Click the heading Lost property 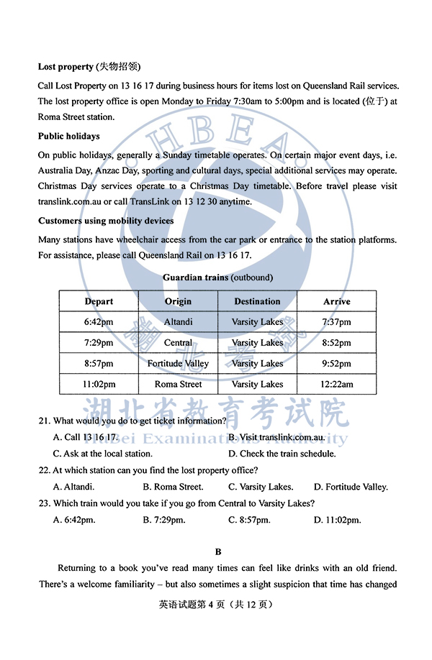pyautogui.click(x=66, y=67)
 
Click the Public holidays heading pyautogui.click(x=69, y=136)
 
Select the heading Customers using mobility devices pyautogui.click(x=106, y=221)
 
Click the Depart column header pyautogui.click(x=99, y=301)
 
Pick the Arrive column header pyautogui.click(x=336, y=301)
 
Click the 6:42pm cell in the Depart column pyautogui.click(x=99, y=322)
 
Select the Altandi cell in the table pyautogui.click(x=178, y=322)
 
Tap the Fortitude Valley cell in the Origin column pyautogui.click(x=178, y=364)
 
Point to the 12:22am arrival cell pyautogui.click(x=336, y=385)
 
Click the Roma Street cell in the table pyautogui.click(x=178, y=385)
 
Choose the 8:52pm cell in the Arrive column pyautogui.click(x=336, y=343)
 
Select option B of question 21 pyautogui.click(x=276, y=437)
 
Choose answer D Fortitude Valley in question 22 pyautogui.click(x=351, y=487)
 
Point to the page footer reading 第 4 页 pyautogui.click(x=217, y=605)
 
